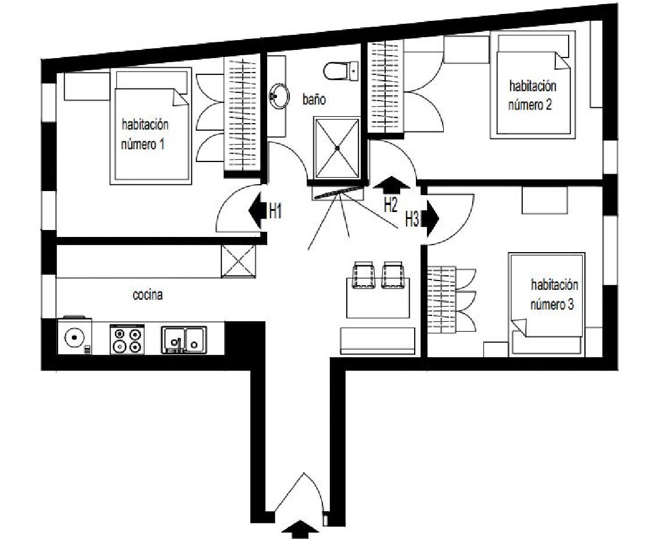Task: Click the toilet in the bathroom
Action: [x=341, y=71]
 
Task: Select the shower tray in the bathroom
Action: [x=336, y=148]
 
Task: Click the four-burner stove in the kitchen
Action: [x=127, y=339]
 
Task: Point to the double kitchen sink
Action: [x=184, y=340]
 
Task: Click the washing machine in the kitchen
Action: [x=74, y=336]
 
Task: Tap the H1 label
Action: [x=276, y=211]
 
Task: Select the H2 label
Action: [x=390, y=204]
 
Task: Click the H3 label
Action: [x=412, y=220]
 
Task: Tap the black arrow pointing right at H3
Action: [x=430, y=218]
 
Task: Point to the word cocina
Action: [x=148, y=295]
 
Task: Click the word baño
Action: [x=314, y=99]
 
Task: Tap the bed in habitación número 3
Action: [x=547, y=304]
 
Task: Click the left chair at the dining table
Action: [x=364, y=275]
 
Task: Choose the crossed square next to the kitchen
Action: [x=239, y=262]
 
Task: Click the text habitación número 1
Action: [x=145, y=134]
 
